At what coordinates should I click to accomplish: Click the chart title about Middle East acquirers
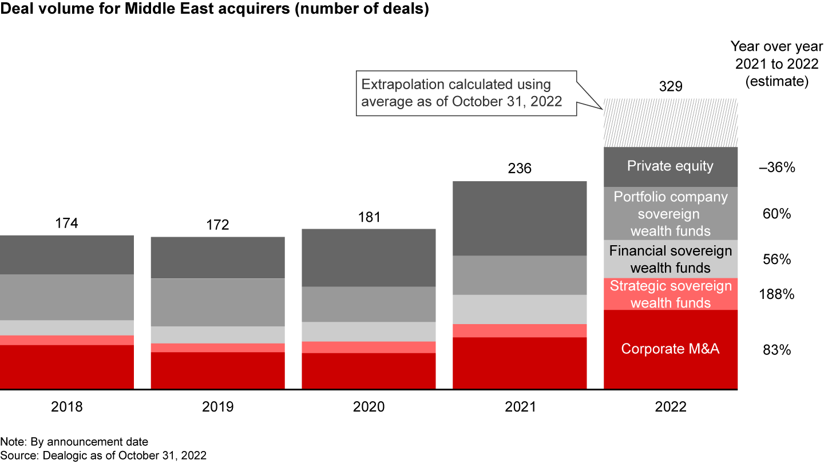pyautogui.click(x=215, y=10)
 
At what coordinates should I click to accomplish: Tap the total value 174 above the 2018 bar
pyautogui.click(x=67, y=223)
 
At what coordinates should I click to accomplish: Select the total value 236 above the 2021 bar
pyautogui.click(x=520, y=169)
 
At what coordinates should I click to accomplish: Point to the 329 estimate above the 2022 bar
pyautogui.click(x=671, y=86)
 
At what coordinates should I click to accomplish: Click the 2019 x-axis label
pyautogui.click(x=218, y=407)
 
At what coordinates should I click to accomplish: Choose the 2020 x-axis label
pyautogui.click(x=369, y=407)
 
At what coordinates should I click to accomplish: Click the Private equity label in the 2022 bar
pyautogui.click(x=671, y=166)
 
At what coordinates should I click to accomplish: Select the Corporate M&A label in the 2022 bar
pyautogui.click(x=671, y=349)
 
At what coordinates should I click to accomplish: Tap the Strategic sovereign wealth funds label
pyautogui.click(x=671, y=294)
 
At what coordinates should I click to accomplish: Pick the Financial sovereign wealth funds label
pyautogui.click(x=671, y=259)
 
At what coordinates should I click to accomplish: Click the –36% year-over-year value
pyautogui.click(x=776, y=168)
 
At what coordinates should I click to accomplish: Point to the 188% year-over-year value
pyautogui.click(x=776, y=295)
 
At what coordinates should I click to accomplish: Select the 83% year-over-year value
pyautogui.click(x=776, y=350)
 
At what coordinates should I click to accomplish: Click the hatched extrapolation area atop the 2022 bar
pyautogui.click(x=671, y=123)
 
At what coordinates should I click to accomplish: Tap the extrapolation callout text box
pyautogui.click(x=465, y=93)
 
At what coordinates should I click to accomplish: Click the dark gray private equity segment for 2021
pyautogui.click(x=520, y=218)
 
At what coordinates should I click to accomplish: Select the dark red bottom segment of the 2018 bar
pyautogui.click(x=67, y=367)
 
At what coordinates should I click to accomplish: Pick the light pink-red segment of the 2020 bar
pyautogui.click(x=369, y=347)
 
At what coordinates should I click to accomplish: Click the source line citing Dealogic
pyautogui.click(x=103, y=456)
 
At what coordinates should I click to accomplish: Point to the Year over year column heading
pyautogui.click(x=776, y=65)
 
